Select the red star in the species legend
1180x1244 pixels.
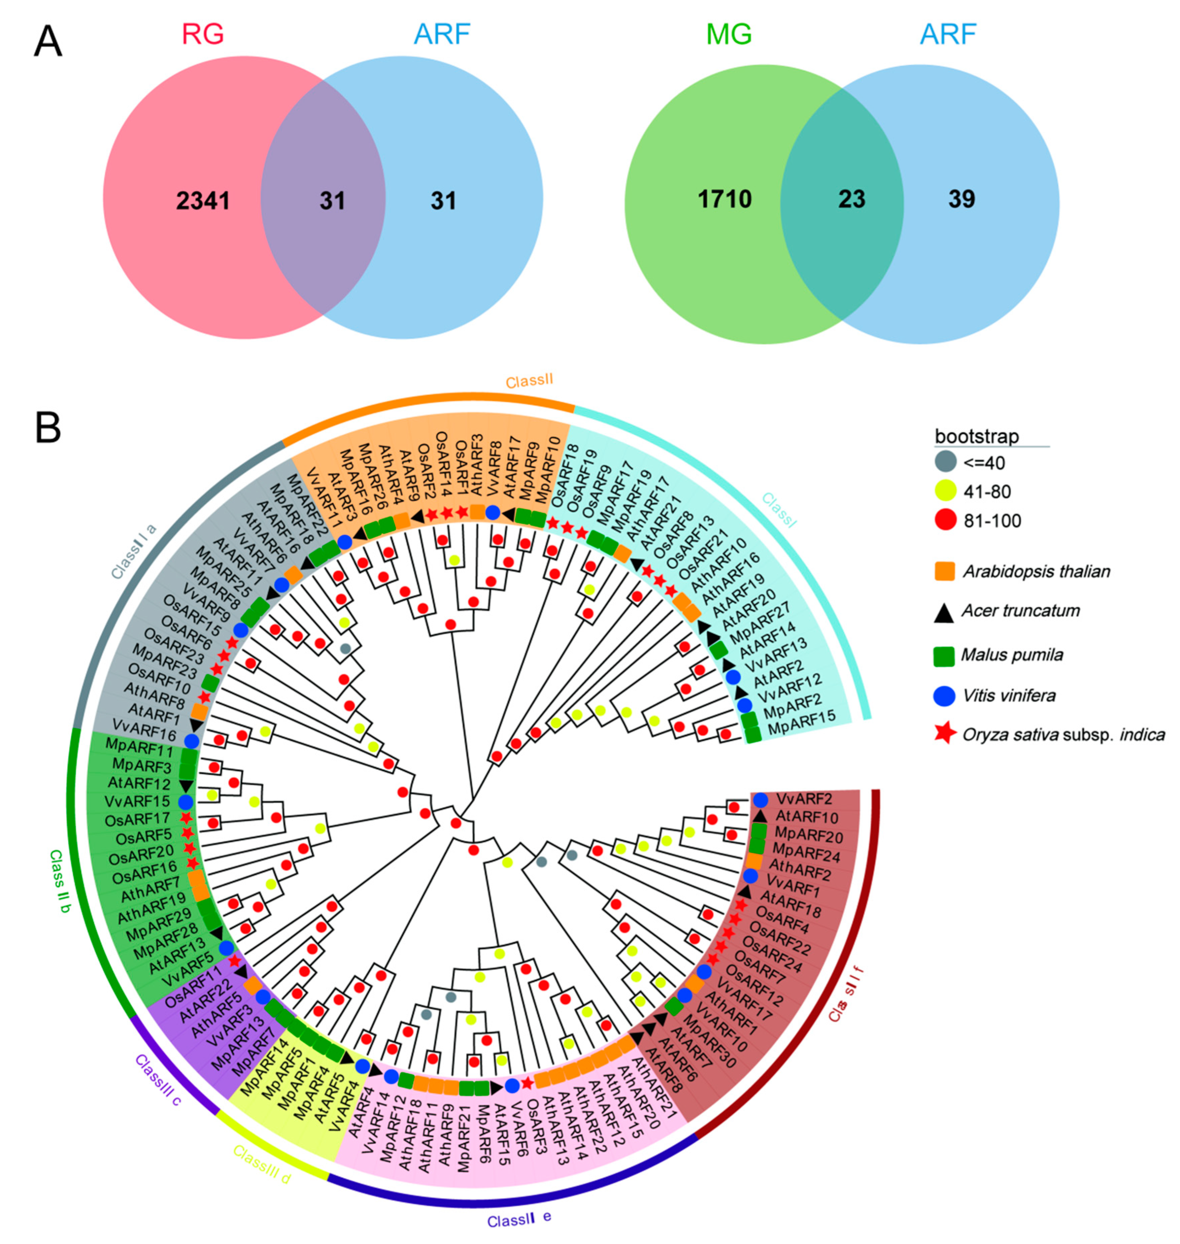(945, 734)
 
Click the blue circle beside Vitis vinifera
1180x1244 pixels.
(945, 695)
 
